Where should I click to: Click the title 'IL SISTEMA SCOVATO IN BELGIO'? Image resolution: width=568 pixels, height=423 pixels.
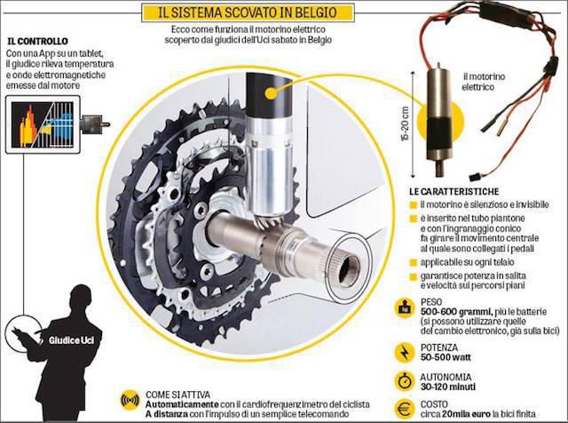tap(248, 13)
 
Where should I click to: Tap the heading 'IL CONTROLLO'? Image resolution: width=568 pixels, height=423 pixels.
tap(37, 41)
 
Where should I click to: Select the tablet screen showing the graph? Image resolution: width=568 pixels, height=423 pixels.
tap(43, 124)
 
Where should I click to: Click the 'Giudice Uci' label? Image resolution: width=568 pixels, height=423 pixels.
tap(71, 340)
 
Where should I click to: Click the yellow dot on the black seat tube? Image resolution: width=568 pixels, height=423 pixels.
tap(271, 93)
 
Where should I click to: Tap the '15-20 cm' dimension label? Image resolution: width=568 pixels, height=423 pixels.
tap(406, 124)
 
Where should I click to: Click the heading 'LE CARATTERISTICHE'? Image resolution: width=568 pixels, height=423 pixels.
tap(454, 192)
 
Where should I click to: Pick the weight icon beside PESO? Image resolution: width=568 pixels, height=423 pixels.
tap(404, 308)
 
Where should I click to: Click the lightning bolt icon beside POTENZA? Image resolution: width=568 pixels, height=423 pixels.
tap(404, 353)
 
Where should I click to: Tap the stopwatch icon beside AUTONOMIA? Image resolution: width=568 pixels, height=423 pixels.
tap(404, 381)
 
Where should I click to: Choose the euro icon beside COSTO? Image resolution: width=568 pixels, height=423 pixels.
tap(404, 409)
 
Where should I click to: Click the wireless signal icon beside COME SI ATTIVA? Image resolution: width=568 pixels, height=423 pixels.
tap(130, 401)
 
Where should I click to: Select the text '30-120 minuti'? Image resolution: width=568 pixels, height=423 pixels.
tap(448, 387)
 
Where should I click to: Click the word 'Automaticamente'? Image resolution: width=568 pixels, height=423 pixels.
tap(182, 404)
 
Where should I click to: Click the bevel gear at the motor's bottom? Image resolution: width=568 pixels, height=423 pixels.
tap(270, 219)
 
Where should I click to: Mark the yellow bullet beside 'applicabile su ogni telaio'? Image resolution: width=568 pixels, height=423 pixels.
tap(413, 263)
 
